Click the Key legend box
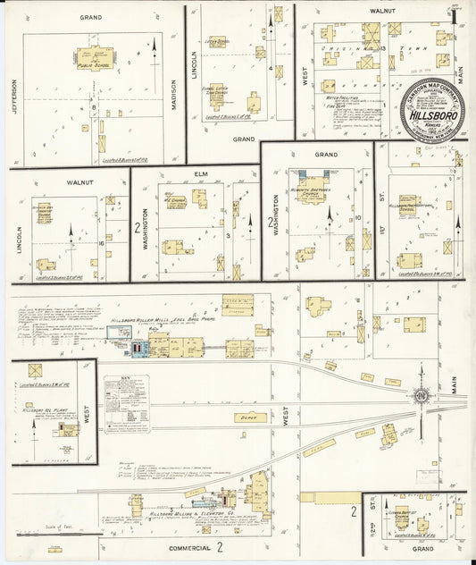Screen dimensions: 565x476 click(125, 403)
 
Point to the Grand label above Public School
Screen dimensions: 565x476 click(89, 17)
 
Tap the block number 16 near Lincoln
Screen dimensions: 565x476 click(103, 241)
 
